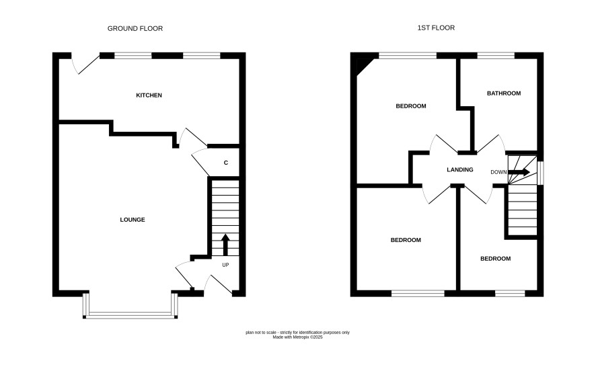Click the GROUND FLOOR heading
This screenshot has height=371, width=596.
pos(135,28)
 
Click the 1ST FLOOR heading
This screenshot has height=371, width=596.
pos(436,28)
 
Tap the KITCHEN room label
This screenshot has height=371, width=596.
pos(149,95)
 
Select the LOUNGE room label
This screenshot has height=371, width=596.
pos(133,220)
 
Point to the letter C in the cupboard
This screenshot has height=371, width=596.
pos(226,163)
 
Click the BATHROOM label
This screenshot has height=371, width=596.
pos(504,93)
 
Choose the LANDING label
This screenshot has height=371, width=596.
pos(460,170)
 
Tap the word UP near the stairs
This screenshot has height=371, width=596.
pos(225,265)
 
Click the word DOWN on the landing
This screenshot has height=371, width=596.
pos(498,172)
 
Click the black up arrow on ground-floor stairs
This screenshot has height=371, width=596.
pos(225,245)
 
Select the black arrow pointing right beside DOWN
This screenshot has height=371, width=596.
pos(519,172)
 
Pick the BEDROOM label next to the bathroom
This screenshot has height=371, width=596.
pos(411,106)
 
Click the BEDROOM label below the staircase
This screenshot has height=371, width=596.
pos(495,259)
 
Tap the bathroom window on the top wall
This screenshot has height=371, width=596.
pos(496,56)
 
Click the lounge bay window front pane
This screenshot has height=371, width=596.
pos(130,315)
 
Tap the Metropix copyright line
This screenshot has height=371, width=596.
pos(297,337)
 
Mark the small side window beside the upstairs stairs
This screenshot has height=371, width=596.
pos(541,173)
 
